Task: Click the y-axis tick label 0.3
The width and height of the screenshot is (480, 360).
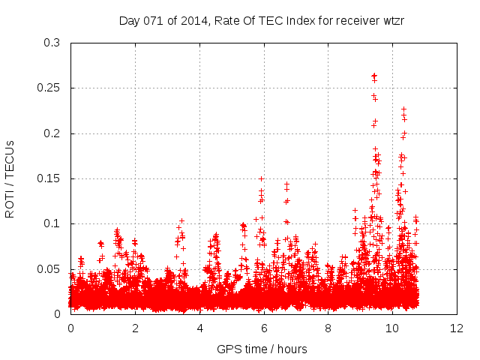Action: coord(52,43)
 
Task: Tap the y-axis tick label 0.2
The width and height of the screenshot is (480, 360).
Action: coord(52,133)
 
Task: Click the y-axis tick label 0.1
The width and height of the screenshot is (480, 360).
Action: coord(52,223)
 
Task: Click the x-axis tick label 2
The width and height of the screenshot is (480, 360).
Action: coord(135,328)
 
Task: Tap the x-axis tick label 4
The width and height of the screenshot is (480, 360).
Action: coord(199,328)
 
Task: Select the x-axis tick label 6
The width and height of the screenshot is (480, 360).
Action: coord(264,328)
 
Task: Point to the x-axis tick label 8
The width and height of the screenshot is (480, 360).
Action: coord(328,328)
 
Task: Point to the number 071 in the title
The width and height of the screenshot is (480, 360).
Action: coord(151,20)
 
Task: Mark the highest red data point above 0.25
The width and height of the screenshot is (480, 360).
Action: coord(373,75)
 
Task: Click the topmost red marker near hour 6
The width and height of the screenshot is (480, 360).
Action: coord(261,178)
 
